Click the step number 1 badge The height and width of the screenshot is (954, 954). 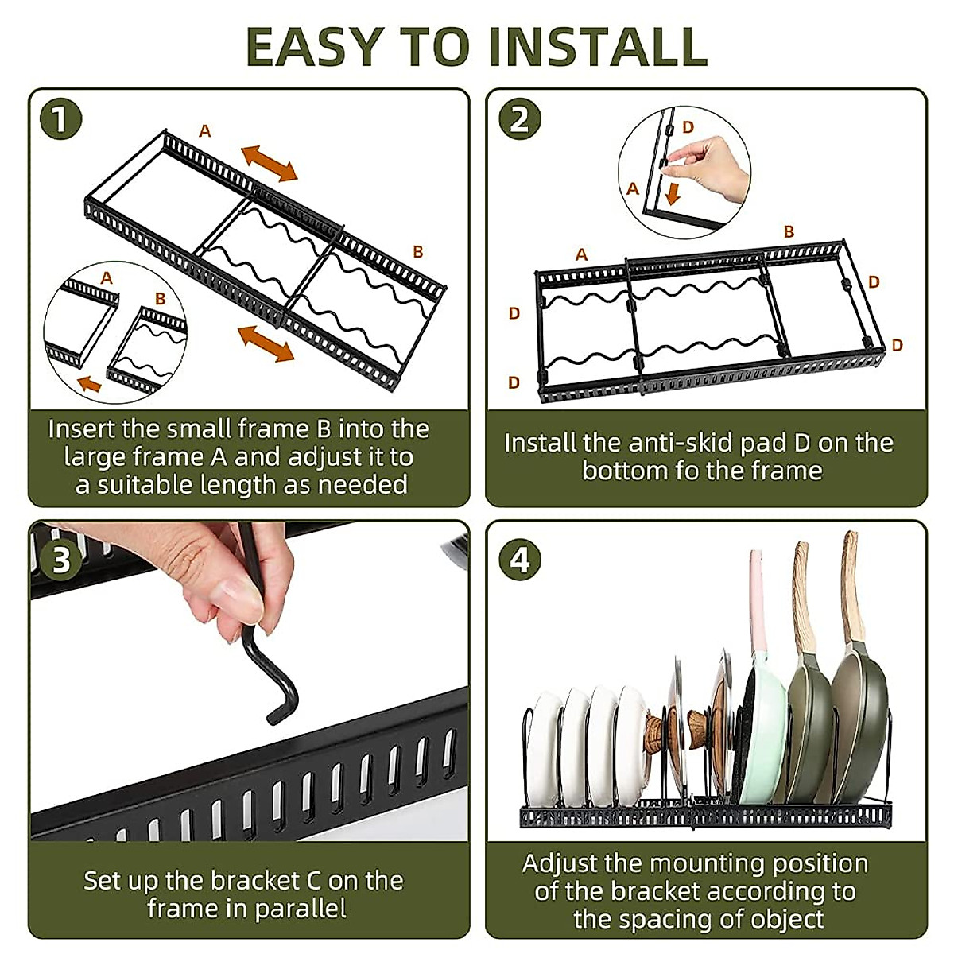(x=60, y=119)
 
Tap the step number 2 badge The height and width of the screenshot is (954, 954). (x=519, y=119)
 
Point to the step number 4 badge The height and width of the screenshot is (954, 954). (x=519, y=560)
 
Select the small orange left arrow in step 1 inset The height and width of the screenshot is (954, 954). (x=90, y=383)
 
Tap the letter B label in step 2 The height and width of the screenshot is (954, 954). (x=789, y=231)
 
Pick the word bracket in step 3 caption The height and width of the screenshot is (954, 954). (x=255, y=881)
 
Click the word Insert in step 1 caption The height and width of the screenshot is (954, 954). (x=81, y=429)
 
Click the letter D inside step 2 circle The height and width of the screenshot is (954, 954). (x=688, y=127)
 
